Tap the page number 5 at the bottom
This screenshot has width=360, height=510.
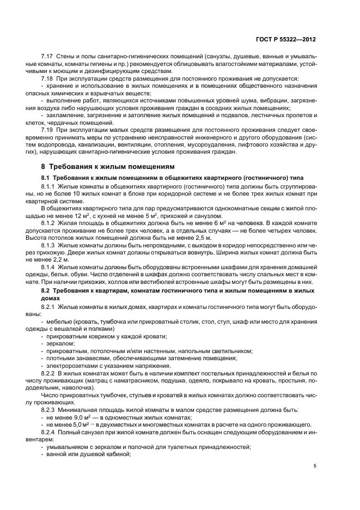(x=315, y=466)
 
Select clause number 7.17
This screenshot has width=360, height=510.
(x=48, y=57)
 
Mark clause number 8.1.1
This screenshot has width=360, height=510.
(x=50, y=186)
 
